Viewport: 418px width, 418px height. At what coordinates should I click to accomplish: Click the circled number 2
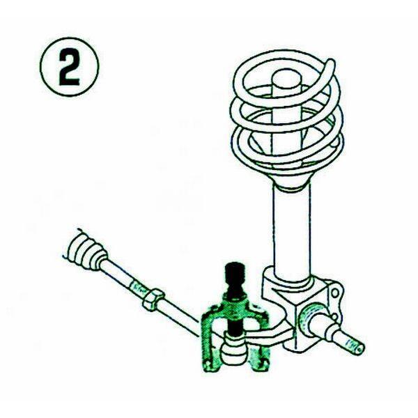tap(69, 68)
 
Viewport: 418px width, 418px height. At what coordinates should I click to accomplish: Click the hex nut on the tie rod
tap(153, 300)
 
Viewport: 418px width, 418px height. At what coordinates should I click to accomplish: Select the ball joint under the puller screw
tap(234, 349)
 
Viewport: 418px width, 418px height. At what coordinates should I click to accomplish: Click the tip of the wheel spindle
tap(359, 350)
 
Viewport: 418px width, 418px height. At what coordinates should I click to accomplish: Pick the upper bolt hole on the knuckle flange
tap(334, 293)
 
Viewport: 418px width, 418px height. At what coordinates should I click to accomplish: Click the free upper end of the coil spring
tap(330, 63)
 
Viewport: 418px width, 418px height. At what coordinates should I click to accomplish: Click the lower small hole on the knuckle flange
tap(334, 317)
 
